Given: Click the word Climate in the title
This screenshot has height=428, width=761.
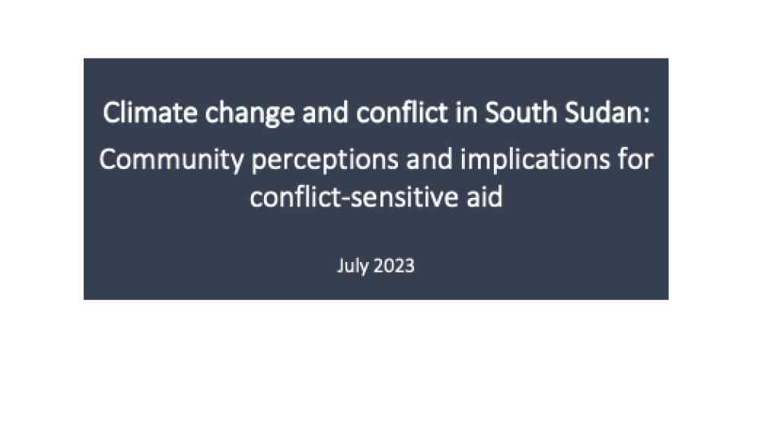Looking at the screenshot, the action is tap(150, 113).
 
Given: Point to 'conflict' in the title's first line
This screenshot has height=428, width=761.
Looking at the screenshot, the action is tap(402, 112).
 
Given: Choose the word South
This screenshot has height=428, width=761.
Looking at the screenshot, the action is tap(521, 113).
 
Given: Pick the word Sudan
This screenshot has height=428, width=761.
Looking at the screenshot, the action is tap(602, 113).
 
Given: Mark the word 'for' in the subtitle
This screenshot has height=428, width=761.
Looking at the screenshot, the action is tap(635, 159).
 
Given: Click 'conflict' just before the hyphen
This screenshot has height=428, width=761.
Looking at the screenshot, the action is tap(295, 196).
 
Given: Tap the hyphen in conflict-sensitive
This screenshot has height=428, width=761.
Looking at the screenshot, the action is tap(345, 200).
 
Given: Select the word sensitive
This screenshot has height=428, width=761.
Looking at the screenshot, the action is tap(404, 197).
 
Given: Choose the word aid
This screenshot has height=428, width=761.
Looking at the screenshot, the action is tap(485, 196).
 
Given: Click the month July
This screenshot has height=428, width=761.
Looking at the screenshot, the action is tap(352, 267).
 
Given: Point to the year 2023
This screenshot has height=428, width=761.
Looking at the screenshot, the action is tap(394, 266).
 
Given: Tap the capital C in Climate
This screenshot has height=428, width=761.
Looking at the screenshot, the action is tap(110, 113).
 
